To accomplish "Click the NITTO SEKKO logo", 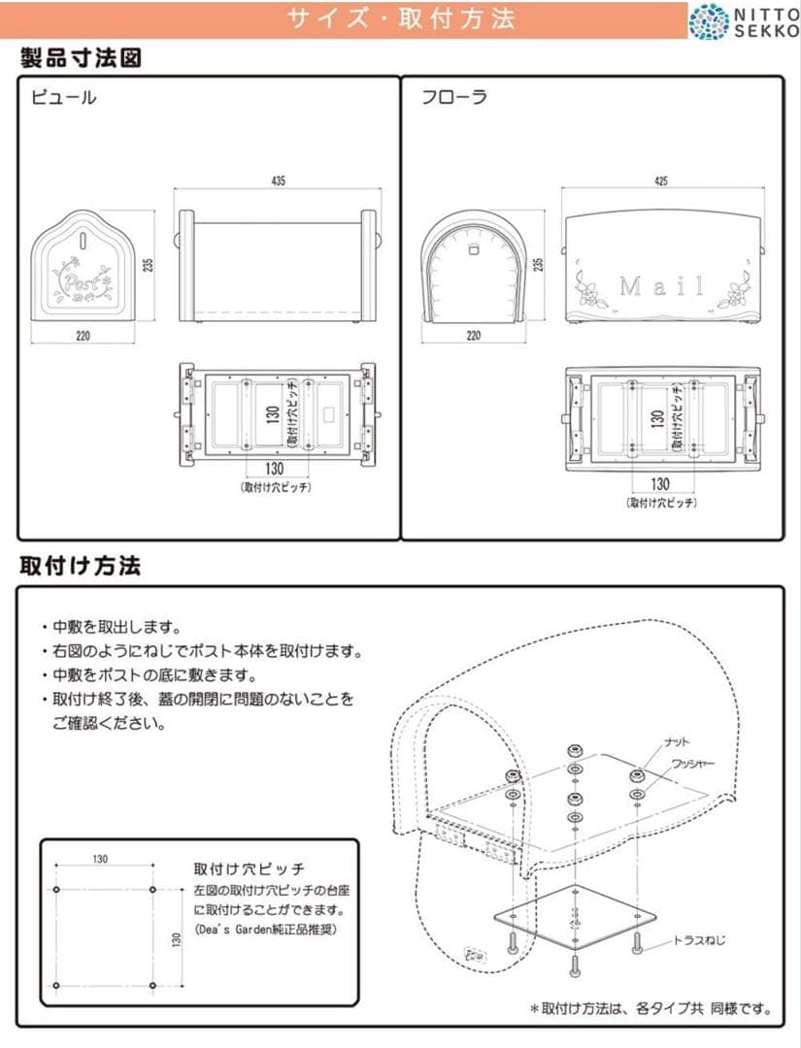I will pyautogui.click(x=743, y=20).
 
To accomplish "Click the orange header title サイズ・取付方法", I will pyautogui.click(x=401, y=19).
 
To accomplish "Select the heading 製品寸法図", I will pyautogui.click(x=82, y=58).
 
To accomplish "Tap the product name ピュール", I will pyautogui.click(x=63, y=97).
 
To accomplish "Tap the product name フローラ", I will pyautogui.click(x=453, y=97).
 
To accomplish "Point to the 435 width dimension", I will pyautogui.click(x=279, y=181).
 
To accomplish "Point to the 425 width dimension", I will pyautogui.click(x=661, y=181).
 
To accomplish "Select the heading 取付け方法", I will pyautogui.click(x=81, y=566).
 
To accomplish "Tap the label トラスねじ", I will pyautogui.click(x=699, y=939).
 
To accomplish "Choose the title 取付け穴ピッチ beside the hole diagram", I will pyautogui.click(x=250, y=868).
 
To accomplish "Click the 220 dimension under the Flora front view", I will pyautogui.click(x=474, y=337).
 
